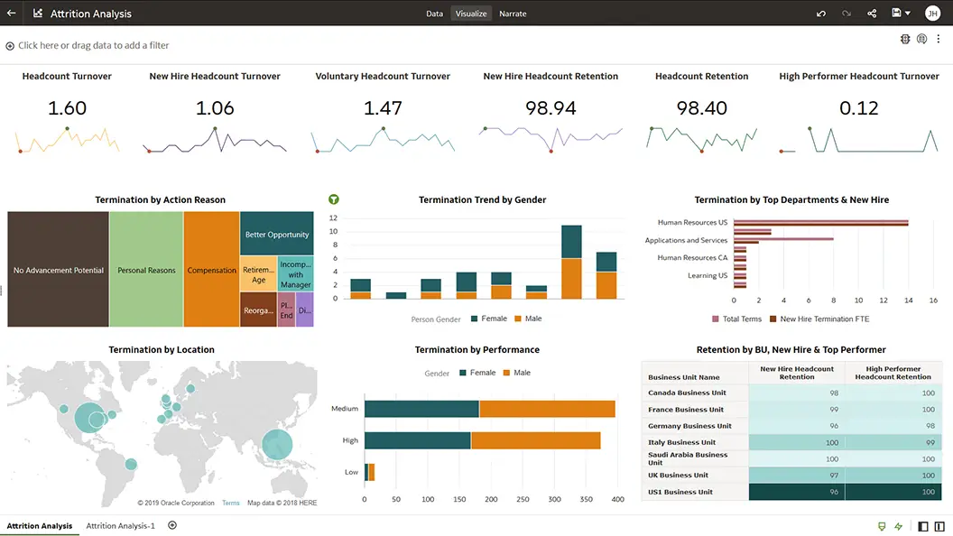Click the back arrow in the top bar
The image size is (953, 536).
(x=11, y=14)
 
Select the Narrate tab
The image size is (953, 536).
(x=513, y=14)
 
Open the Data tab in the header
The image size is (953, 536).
(x=434, y=14)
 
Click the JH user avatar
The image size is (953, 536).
(x=932, y=14)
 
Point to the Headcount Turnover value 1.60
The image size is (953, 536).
(x=67, y=108)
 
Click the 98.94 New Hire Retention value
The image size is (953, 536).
(x=551, y=108)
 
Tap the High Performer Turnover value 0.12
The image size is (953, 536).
(x=858, y=108)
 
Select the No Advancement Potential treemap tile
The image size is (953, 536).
(x=59, y=270)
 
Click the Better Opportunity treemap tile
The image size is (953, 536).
(x=277, y=235)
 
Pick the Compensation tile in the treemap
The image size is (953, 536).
(x=212, y=270)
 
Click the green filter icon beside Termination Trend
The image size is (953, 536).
(x=334, y=199)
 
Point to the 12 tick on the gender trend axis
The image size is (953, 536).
(x=333, y=218)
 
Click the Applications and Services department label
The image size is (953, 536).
(x=686, y=240)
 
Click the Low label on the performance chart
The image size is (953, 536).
(x=351, y=472)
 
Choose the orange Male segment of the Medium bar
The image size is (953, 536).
(x=547, y=409)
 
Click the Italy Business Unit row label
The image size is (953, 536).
(x=682, y=442)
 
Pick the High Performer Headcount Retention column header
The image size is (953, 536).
(x=893, y=373)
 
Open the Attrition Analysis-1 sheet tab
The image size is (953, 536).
(x=120, y=525)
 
